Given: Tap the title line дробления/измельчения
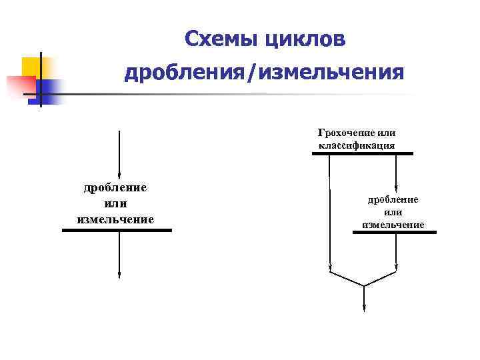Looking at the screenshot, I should pos(264,71).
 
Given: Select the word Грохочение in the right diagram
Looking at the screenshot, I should pos(346,133).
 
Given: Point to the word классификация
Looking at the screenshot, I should pos(356,145).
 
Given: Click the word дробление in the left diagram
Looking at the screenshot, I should pos(115,187).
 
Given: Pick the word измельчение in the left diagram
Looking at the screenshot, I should pos(115,219).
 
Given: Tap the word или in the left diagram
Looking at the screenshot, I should pos(115,203).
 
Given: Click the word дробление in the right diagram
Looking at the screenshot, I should pos(393,199).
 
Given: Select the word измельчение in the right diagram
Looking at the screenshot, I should pos(393,225).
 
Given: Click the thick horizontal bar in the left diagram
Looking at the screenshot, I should pos(117,230).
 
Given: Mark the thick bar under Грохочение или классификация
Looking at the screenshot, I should pos(362,153).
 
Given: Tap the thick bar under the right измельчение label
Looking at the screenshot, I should pos(394,232).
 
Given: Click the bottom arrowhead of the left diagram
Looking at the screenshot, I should pos(119,274).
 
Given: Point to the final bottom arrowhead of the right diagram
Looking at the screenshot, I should pos(364,307).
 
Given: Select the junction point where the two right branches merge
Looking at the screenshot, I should pos(364,286).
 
